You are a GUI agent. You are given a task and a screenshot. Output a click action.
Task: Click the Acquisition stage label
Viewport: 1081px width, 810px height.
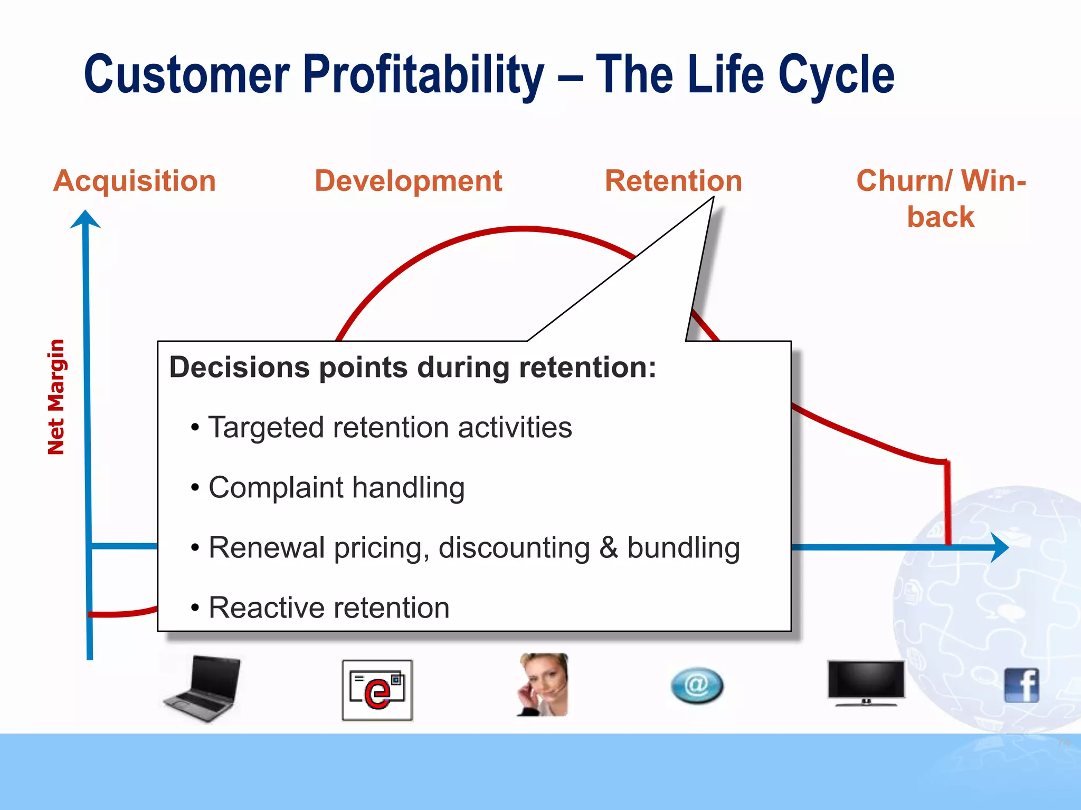click(x=135, y=181)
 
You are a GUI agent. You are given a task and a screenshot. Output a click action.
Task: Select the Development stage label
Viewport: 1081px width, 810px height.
click(x=408, y=181)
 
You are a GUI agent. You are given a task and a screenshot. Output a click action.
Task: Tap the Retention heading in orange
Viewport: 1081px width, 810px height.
click(x=673, y=181)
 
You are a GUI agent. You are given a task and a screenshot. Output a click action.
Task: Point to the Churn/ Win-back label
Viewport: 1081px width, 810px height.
click(x=941, y=199)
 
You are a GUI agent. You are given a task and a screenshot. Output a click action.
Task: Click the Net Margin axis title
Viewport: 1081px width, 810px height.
click(x=56, y=397)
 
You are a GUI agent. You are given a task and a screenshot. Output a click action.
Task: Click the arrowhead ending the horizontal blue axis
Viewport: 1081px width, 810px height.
click(x=999, y=547)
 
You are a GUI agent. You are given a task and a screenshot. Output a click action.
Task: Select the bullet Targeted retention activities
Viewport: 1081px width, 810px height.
click(x=390, y=427)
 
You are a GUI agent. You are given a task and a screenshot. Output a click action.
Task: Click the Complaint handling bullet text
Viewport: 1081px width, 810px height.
click(x=336, y=487)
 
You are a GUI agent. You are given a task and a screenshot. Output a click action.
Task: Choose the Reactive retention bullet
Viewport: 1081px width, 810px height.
click(x=328, y=607)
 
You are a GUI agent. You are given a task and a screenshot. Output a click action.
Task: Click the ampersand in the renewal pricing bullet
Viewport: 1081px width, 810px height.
click(x=608, y=547)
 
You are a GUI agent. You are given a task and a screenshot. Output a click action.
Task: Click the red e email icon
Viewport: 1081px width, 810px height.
click(x=377, y=690)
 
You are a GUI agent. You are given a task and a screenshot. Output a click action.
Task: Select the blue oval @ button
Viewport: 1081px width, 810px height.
click(x=697, y=686)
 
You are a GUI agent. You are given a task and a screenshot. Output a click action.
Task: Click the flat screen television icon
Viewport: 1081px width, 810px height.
click(x=866, y=682)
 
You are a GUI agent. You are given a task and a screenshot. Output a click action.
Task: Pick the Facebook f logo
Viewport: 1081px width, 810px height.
click(x=1021, y=685)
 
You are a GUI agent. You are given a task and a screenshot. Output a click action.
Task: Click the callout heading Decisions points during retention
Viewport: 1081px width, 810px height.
click(x=412, y=367)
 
